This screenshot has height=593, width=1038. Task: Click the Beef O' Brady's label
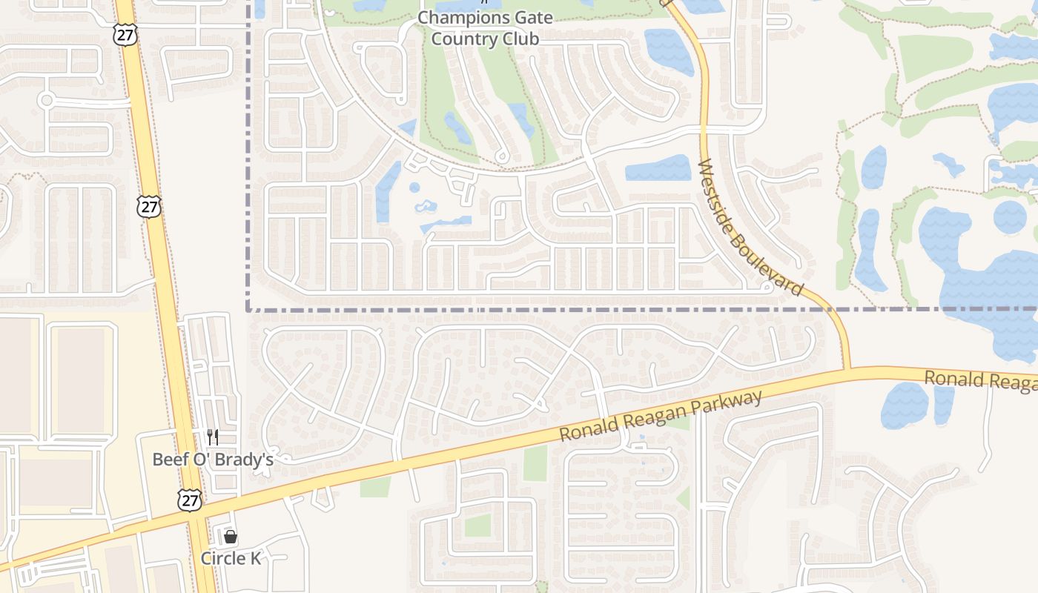pyautogui.click(x=213, y=460)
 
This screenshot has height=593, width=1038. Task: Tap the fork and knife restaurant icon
pyautogui.click(x=213, y=437)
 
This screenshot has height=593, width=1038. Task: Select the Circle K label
pyautogui.click(x=231, y=558)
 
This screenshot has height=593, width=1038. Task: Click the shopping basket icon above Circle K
pyautogui.click(x=231, y=537)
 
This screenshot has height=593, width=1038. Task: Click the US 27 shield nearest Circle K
pyautogui.click(x=190, y=500)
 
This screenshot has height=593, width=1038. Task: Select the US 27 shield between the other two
pyautogui.click(x=149, y=206)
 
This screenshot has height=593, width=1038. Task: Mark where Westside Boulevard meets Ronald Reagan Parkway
pyautogui.click(x=846, y=369)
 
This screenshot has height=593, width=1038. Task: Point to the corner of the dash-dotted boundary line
pyautogui.click(x=248, y=310)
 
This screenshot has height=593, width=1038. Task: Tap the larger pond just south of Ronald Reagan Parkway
pyautogui.click(x=905, y=405)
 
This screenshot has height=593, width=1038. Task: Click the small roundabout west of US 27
pyautogui.click(x=46, y=100)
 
